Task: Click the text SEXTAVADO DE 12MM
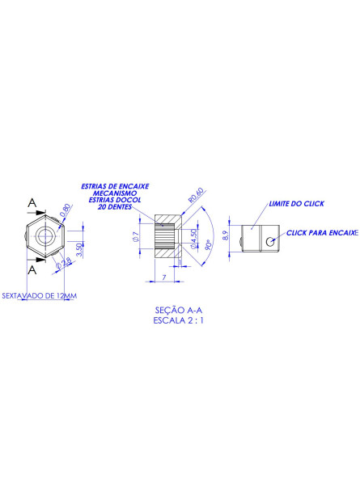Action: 40,295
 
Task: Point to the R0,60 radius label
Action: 195,197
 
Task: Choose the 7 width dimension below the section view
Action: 164,277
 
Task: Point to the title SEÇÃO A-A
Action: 180,310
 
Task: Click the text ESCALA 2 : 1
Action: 180,320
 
